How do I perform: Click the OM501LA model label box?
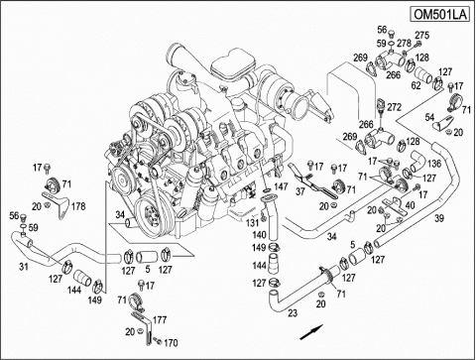pyautogui.click(x=440, y=15)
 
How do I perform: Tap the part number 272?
pyautogui.click(x=394, y=107)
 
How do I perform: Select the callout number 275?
pyautogui.click(x=422, y=35)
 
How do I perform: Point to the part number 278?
pyautogui.click(x=404, y=43)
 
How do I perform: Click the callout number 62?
pyautogui.click(x=416, y=85)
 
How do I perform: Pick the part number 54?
pyautogui.click(x=429, y=117)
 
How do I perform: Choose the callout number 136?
pyautogui.click(x=434, y=164)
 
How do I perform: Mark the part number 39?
pyautogui.click(x=439, y=218)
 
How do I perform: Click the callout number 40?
pyautogui.click(x=410, y=205)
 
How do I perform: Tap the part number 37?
pyautogui.click(x=300, y=191)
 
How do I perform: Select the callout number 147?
pyautogui.click(x=281, y=186)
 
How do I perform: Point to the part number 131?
pyautogui.click(x=252, y=223)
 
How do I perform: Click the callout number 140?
pyautogui.click(x=259, y=235)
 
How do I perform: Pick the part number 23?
pyautogui.click(x=293, y=312)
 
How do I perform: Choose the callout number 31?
pyautogui.click(x=24, y=266)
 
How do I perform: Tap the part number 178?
pyautogui.click(x=78, y=206)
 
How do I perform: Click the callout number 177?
pyautogui.click(x=160, y=320)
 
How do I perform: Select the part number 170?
pyautogui.click(x=171, y=343)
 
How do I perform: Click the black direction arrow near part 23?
pyautogui.click(x=311, y=332)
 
